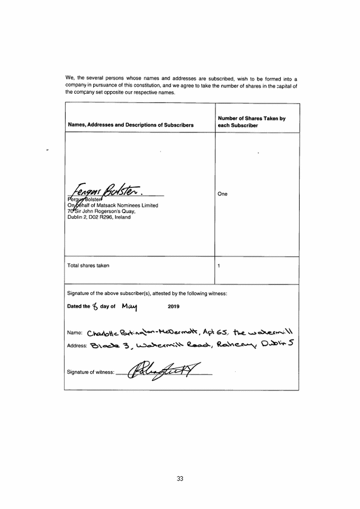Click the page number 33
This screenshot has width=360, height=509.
[180, 479]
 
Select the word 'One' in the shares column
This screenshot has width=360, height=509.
[222, 194]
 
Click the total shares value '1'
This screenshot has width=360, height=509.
[219, 265]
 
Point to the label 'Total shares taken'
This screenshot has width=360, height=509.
[88, 265]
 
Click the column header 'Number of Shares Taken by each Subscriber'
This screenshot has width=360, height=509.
[251, 122]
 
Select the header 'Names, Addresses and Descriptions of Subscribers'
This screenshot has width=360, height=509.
[131, 126]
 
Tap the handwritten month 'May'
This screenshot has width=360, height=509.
[129, 306]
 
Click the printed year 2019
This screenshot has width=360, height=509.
[174, 307]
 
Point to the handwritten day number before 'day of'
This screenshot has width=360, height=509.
[95, 306]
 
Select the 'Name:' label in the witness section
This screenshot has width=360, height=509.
[75, 333]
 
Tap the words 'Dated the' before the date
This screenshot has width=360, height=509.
[78, 307]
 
